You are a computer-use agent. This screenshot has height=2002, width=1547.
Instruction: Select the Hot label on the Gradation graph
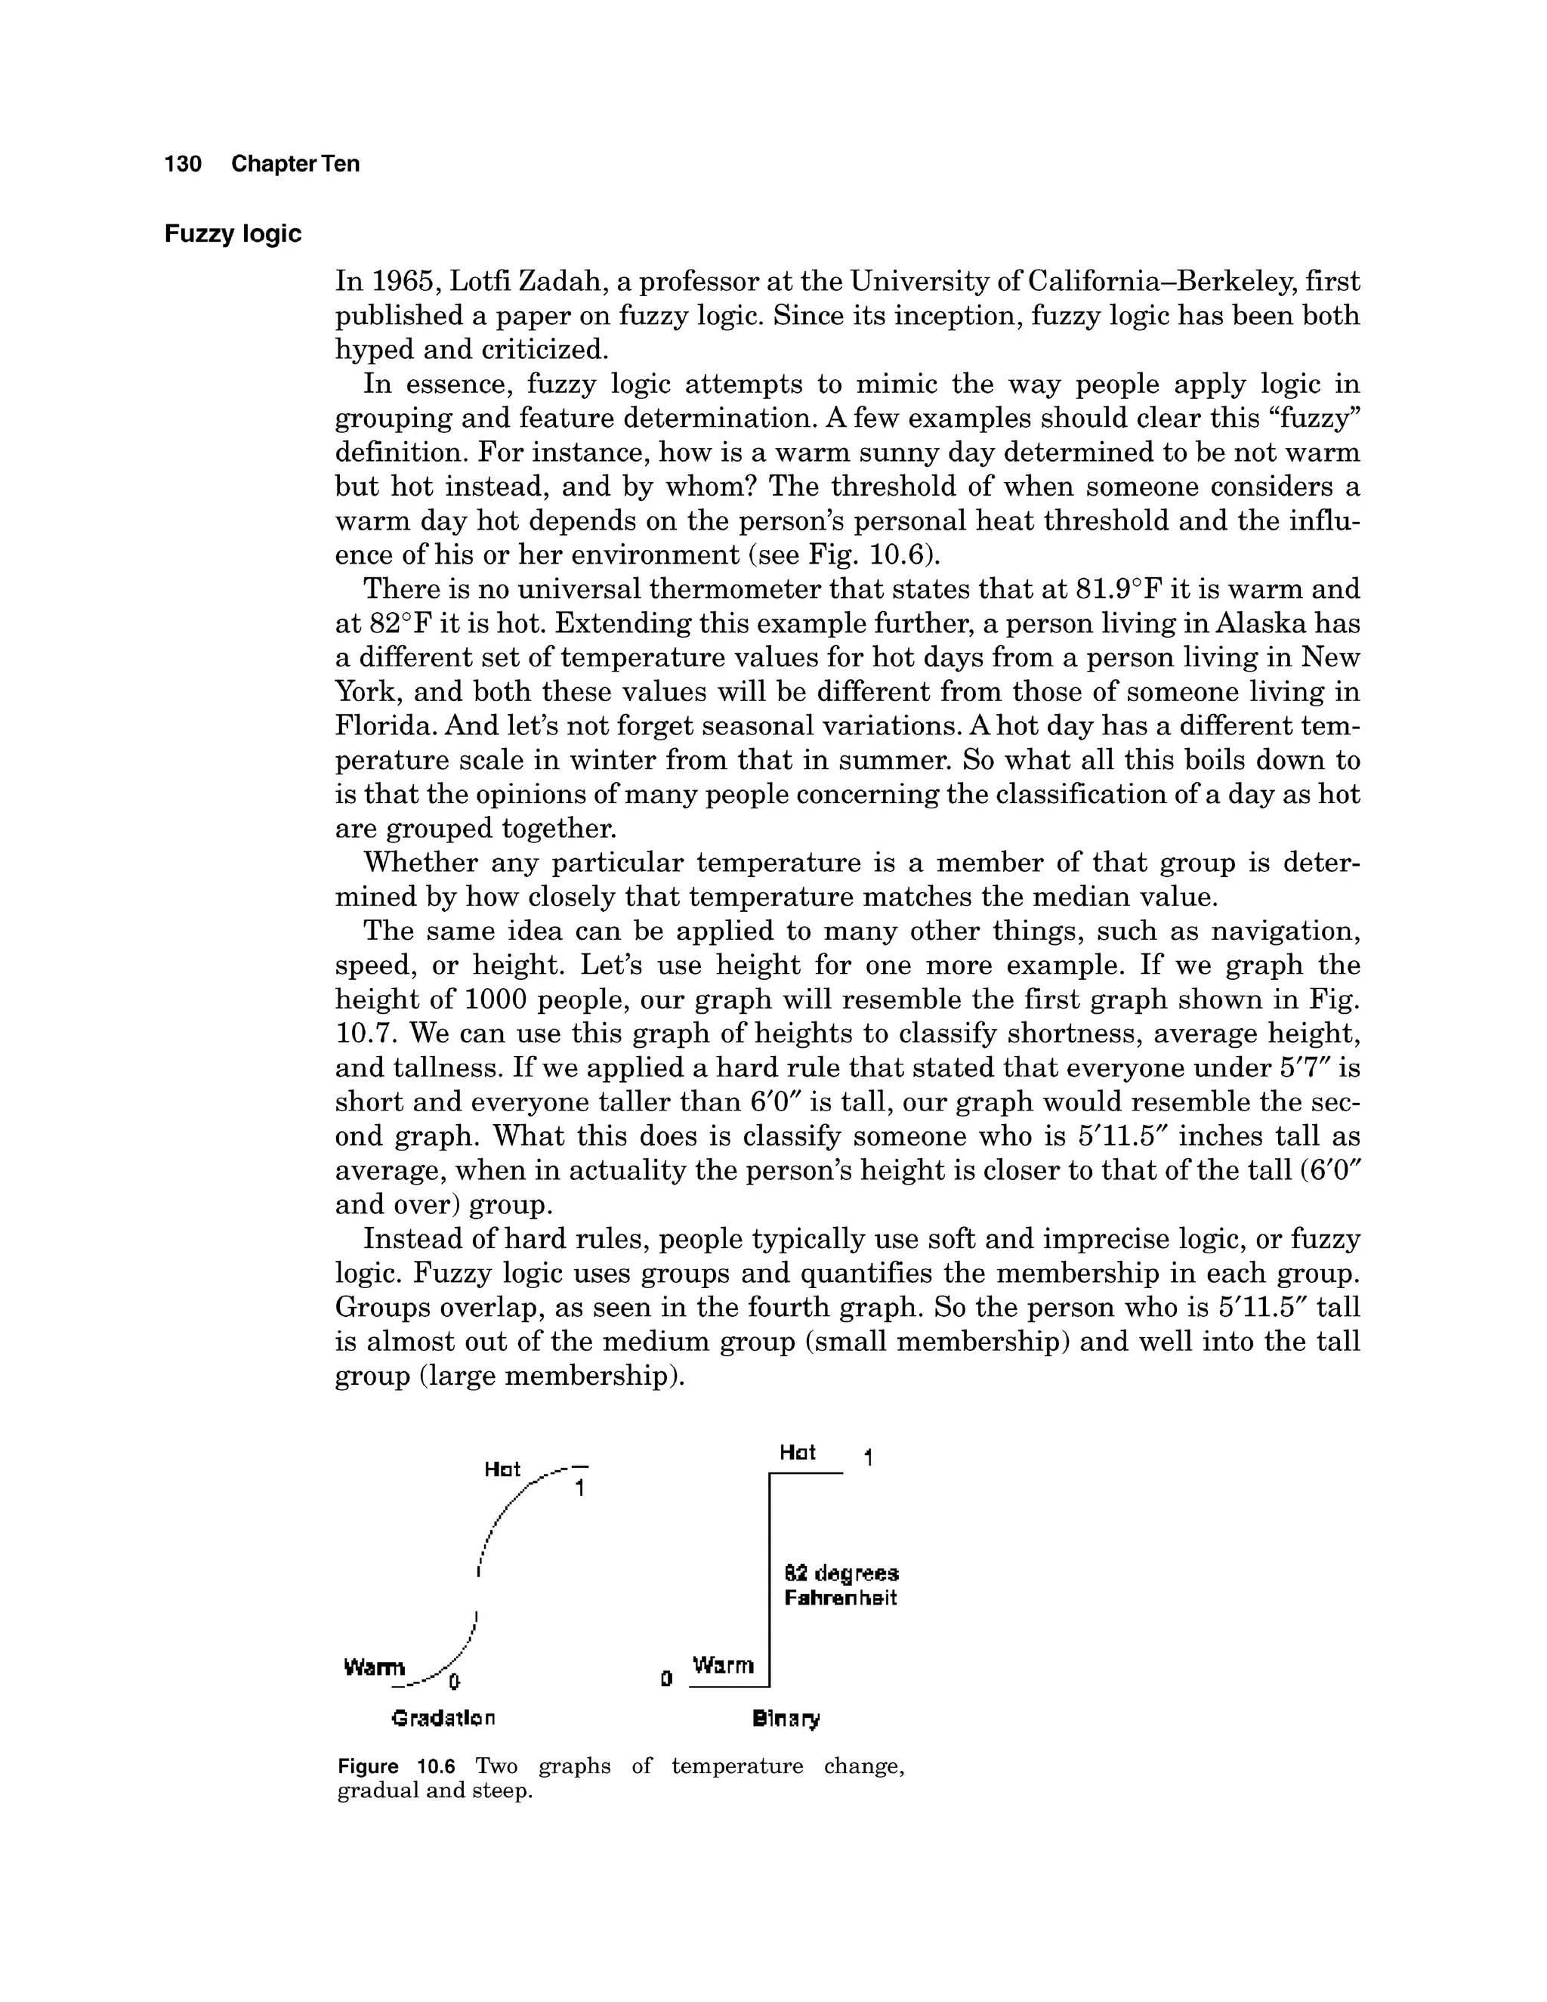coord(502,1469)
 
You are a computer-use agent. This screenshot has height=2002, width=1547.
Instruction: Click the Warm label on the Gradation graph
coord(373,1667)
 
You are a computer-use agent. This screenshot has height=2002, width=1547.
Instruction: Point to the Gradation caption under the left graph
coord(443,1717)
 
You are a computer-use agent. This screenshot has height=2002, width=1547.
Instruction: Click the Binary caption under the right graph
coord(786,1718)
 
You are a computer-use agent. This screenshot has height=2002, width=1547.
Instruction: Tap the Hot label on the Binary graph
coord(798,1452)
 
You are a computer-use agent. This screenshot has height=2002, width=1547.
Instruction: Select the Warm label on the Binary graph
coord(723,1664)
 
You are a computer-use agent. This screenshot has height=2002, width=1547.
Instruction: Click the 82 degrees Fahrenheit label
coord(841,1585)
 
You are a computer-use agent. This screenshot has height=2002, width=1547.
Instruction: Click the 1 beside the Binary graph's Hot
coord(868,1457)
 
